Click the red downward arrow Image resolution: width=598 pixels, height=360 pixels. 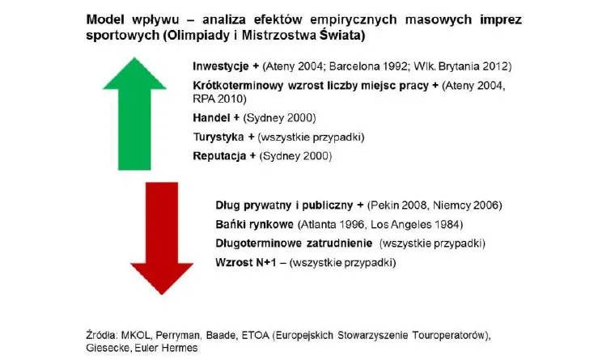tap(163, 235)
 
